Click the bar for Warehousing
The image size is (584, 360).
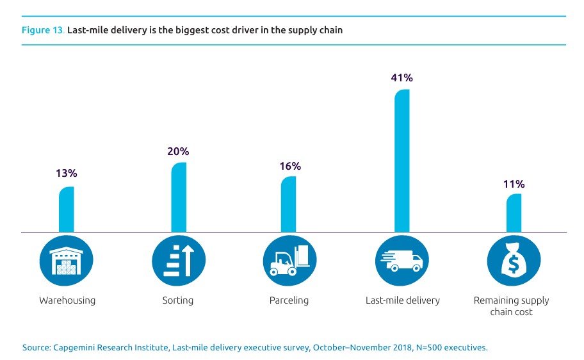[x=67, y=209]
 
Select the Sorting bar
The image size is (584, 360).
[x=179, y=197]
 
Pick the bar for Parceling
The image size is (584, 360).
[x=289, y=204]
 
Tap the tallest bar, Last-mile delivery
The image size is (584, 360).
[x=401, y=160]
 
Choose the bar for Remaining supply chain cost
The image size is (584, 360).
[x=514, y=213]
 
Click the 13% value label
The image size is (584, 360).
[x=66, y=174]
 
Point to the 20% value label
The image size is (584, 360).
[x=179, y=152]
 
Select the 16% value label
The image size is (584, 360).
[x=290, y=166]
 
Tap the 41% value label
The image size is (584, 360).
[x=401, y=78]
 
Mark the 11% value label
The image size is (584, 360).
[x=514, y=184]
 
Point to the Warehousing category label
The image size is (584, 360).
[x=67, y=300]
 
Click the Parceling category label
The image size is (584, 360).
[x=290, y=300]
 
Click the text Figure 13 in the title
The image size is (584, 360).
[x=40, y=30]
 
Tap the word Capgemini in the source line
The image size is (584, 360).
[x=74, y=348]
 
